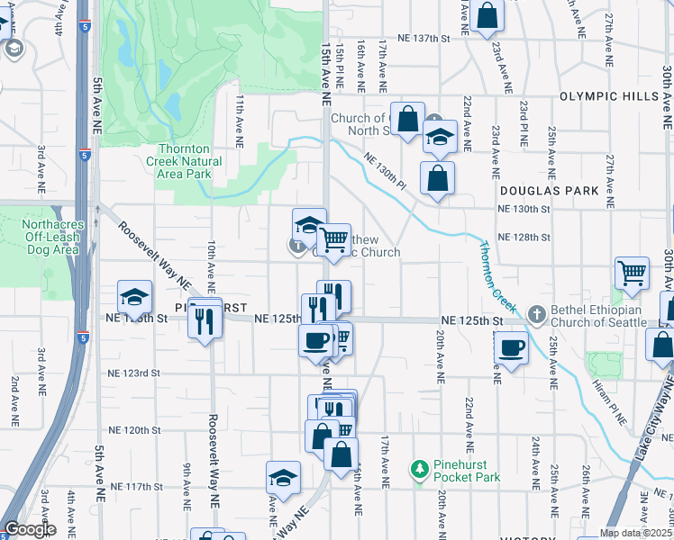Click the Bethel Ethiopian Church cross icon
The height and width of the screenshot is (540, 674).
[537, 314]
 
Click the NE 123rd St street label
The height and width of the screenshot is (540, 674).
[133, 373]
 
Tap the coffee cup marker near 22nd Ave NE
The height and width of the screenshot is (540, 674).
[512, 347]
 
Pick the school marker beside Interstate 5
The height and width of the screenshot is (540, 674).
[134, 298]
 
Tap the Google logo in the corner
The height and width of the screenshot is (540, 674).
[30, 529]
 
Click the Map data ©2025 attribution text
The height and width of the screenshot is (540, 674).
[635, 533]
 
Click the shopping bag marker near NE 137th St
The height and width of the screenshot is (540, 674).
[486, 16]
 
